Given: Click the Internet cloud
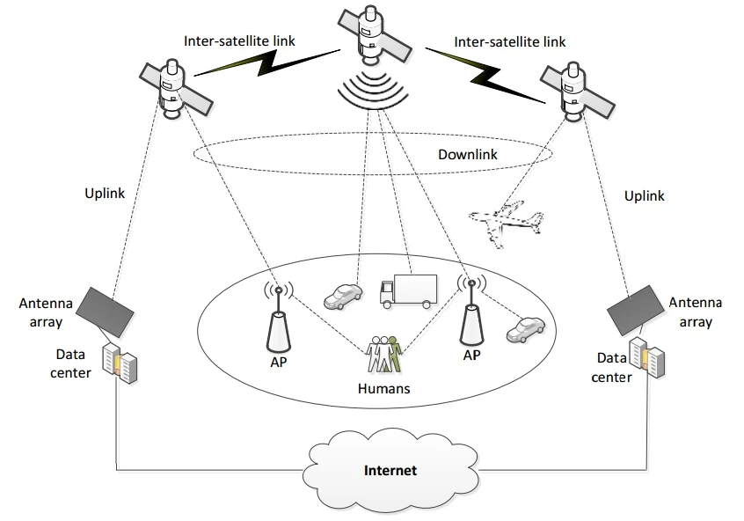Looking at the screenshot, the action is [x=390, y=469].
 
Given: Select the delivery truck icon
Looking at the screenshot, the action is [x=408, y=290].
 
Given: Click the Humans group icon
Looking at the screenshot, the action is [x=384, y=355].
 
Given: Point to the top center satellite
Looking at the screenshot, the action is [x=375, y=36].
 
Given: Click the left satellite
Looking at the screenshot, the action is [x=176, y=89].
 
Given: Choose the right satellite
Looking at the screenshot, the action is [x=578, y=92].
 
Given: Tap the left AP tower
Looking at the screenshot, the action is [x=279, y=319].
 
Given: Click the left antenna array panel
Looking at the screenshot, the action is [x=106, y=312].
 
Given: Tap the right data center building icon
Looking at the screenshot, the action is [x=646, y=357].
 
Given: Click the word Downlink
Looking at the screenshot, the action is [x=467, y=154].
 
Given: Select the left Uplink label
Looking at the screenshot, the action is [x=105, y=194].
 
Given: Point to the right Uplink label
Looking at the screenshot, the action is [x=644, y=196].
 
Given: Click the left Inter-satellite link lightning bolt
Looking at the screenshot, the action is [x=267, y=62].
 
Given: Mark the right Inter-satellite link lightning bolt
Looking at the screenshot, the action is [x=485, y=76].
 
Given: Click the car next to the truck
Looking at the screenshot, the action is [x=343, y=297].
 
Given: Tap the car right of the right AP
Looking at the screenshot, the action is [x=526, y=330].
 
